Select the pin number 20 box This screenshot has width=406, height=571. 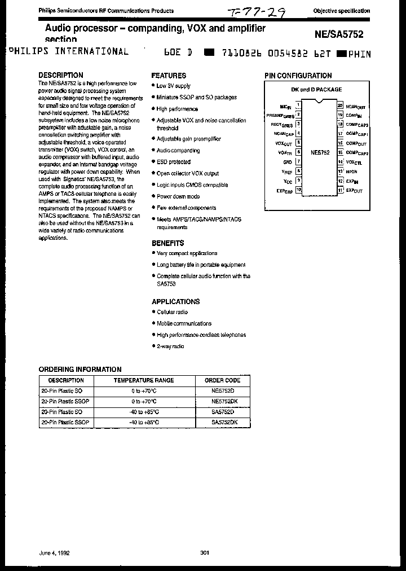point(340,106)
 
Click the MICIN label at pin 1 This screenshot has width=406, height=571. point(286,106)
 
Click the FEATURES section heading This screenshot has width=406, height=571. point(169,76)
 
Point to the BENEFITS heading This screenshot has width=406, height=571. point(167,243)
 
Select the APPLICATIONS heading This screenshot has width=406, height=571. point(175,302)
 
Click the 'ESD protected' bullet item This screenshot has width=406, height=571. point(174,162)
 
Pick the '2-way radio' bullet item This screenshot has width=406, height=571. point(170,346)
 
